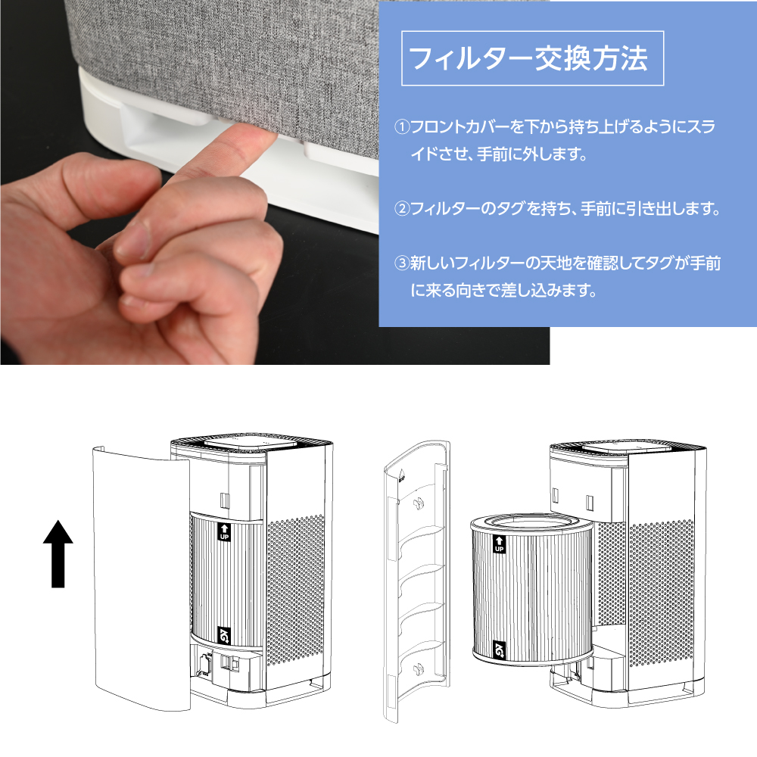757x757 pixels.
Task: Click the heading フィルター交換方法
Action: pyautogui.click(x=528, y=58)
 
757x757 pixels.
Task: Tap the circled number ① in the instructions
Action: pyautogui.click(x=402, y=127)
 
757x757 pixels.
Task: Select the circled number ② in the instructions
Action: pyautogui.click(x=402, y=209)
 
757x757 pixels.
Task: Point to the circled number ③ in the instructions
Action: pyautogui.click(x=402, y=263)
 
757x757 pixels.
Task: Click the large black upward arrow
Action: pyautogui.click(x=58, y=554)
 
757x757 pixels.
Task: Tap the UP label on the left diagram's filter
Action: pyautogui.click(x=225, y=531)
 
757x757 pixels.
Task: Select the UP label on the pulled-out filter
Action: pyautogui.click(x=499, y=544)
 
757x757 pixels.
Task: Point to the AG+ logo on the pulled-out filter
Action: pyautogui.click(x=499, y=650)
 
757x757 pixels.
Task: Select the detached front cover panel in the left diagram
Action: pyautogui.click(x=142, y=578)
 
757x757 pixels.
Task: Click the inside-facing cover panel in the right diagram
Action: pyautogui.click(x=417, y=581)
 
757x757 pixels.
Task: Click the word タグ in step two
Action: pyautogui.click(x=511, y=209)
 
